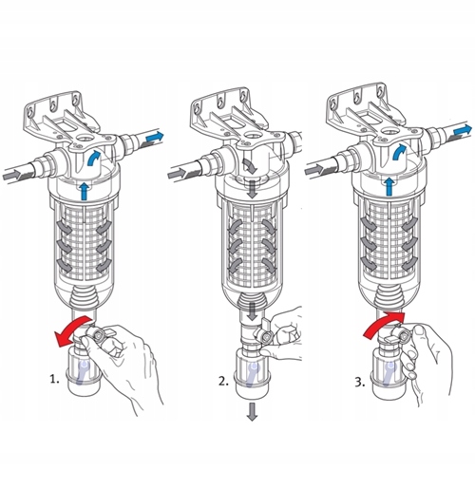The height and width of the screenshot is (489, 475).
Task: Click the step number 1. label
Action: tap(54, 379)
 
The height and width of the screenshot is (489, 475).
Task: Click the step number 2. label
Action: tap(223, 381)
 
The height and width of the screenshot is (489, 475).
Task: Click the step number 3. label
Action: tap(360, 383)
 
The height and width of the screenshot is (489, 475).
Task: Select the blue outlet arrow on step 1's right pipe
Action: tap(155, 138)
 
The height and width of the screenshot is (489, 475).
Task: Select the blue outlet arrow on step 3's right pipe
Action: tap(463, 130)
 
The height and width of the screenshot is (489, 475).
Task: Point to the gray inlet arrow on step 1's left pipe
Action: tap(12, 175)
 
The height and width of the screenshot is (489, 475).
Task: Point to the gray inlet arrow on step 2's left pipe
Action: tap(177, 173)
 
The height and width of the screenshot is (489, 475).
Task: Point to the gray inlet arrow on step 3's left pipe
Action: tap(313, 171)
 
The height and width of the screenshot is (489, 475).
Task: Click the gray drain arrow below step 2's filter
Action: tap(252, 412)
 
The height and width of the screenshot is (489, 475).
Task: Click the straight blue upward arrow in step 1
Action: tap(84, 191)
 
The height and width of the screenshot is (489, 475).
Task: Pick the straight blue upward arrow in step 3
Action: tap(389, 186)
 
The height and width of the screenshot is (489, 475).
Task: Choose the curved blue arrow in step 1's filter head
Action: tap(93, 158)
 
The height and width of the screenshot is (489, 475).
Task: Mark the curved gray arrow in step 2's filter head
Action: tap(250, 166)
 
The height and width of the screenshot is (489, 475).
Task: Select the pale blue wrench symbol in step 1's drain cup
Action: tap(84, 373)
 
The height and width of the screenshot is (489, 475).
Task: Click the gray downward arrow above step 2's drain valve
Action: tap(253, 311)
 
